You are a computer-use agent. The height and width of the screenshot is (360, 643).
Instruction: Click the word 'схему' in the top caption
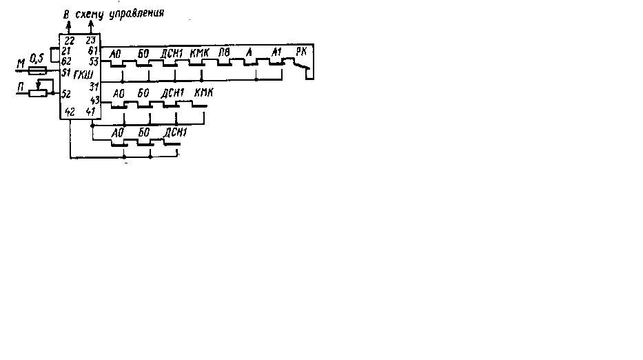coord(91,13)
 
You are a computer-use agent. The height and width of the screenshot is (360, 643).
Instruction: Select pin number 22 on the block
coord(70,41)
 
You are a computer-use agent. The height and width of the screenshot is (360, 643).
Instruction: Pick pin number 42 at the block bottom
coord(70,112)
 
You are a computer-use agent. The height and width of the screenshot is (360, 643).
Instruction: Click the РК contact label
coord(301,51)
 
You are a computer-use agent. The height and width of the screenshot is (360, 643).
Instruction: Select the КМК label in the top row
coord(198,52)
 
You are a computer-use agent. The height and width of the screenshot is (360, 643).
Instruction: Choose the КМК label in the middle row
coord(203,92)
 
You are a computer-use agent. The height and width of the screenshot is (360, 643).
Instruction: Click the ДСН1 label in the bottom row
coord(175,130)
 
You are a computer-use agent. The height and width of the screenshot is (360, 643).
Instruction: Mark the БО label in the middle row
coord(143,92)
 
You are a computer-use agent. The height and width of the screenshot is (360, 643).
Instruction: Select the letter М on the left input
coord(21,65)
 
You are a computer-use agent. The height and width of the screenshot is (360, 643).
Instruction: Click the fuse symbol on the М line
coord(39,70)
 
